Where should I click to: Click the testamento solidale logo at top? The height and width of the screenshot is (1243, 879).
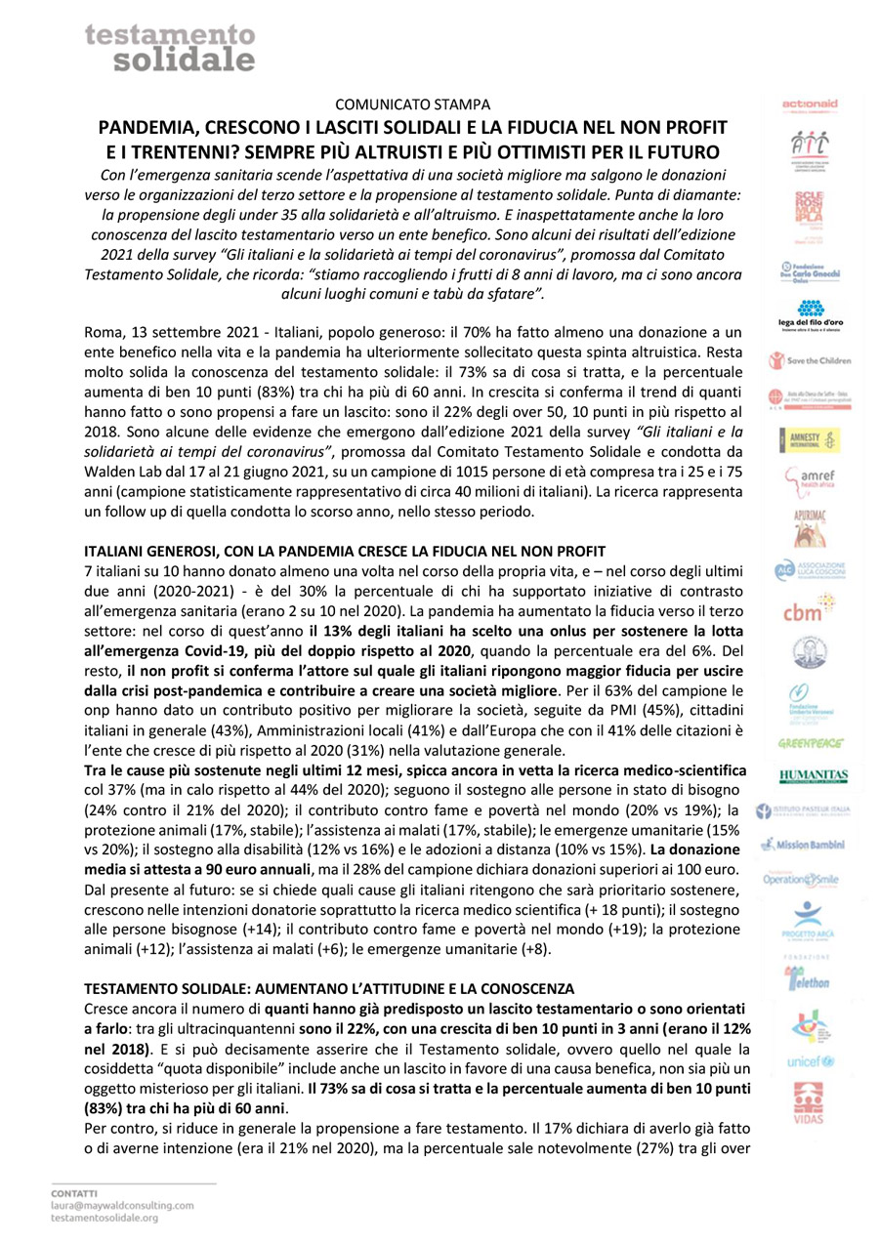click(168, 47)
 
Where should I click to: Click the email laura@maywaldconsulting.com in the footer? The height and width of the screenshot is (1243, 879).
click(122, 1206)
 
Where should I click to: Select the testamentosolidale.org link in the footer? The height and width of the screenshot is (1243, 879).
click(105, 1219)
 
